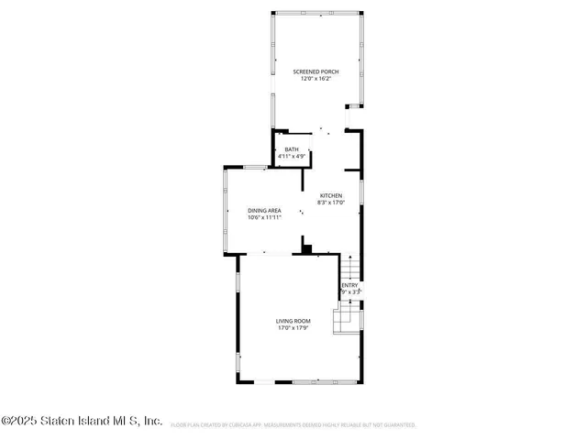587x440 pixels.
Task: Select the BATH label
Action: pyautogui.click(x=291, y=149)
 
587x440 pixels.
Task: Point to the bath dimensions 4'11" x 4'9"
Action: pyautogui.click(x=291, y=157)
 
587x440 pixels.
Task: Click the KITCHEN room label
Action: pyautogui.click(x=330, y=195)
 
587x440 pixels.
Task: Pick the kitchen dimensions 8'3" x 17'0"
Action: pyautogui.click(x=330, y=203)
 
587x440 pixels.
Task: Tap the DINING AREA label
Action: pyautogui.click(x=264, y=211)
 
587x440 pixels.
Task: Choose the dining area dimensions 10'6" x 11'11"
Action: pyautogui.click(x=264, y=218)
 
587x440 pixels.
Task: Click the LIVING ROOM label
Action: pyautogui.click(x=293, y=320)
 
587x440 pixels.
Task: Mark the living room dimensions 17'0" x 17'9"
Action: pyautogui.click(x=293, y=327)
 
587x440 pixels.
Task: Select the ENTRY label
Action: pyautogui.click(x=349, y=285)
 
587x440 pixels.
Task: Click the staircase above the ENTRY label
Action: pyautogui.click(x=350, y=268)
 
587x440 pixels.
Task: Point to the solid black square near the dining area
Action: pyautogui.click(x=307, y=247)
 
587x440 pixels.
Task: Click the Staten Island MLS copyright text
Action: pyautogui.click(x=82, y=422)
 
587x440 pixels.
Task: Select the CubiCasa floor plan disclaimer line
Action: pyautogui.click(x=293, y=425)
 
